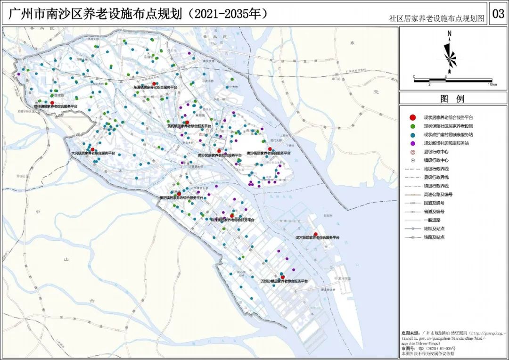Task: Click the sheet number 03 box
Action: click(498, 14)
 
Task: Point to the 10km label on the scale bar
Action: click(491, 84)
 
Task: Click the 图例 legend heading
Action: click(452, 99)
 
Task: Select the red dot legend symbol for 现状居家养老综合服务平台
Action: click(413, 117)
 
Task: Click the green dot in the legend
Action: click(413, 126)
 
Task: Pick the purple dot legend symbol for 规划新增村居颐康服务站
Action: click(413, 143)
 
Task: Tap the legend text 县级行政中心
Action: click(436, 152)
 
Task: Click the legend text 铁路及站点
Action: click(434, 237)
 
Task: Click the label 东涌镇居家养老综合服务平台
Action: click(155, 88)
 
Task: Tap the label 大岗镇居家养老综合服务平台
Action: click(93, 153)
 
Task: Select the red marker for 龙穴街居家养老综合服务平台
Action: click(315, 234)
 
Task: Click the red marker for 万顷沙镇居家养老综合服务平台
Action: click(283, 277)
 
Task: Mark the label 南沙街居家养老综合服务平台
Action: click(269, 153)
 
